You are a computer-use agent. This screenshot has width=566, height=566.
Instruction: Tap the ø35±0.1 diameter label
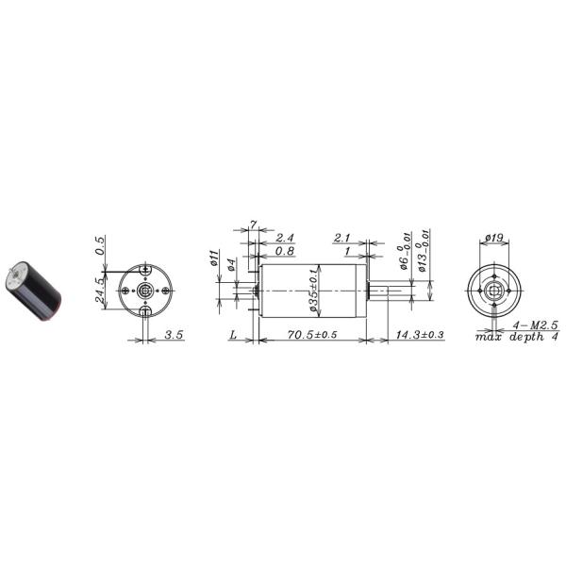point(318,291)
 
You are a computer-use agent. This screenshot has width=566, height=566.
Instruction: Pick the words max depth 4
point(516,337)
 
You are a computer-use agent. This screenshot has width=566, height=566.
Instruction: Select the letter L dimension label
point(233,335)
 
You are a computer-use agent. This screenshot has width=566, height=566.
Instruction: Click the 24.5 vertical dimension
point(100,298)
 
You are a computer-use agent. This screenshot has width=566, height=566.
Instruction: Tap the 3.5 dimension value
point(174,335)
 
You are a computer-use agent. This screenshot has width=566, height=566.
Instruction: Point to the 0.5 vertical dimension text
point(100,248)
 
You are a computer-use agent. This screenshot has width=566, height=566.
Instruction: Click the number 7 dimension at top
point(252,225)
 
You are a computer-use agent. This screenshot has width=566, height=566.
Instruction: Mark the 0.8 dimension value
point(284,251)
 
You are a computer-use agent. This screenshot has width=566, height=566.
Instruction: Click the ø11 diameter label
point(213,258)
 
